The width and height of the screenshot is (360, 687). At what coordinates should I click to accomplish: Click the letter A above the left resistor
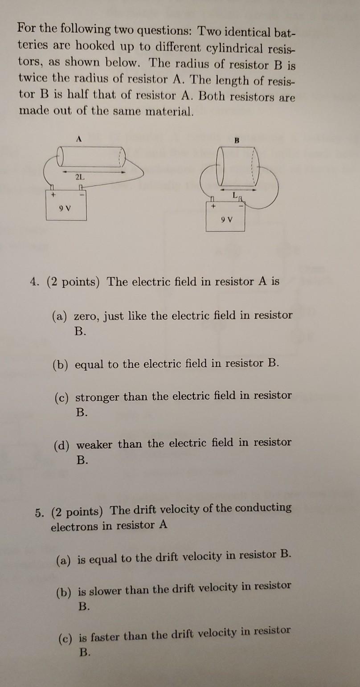pyautogui.click(x=79, y=139)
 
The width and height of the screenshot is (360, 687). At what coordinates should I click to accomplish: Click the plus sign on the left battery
pyautogui.click(x=52, y=195)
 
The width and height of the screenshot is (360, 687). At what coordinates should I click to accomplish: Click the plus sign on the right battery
pyautogui.click(x=213, y=206)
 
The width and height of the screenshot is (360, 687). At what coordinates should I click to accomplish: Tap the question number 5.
pyautogui.click(x=39, y=511)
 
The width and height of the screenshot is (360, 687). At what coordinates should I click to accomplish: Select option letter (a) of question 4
pyautogui.click(x=59, y=316)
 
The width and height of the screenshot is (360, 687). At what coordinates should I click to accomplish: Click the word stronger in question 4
pyautogui.click(x=98, y=396)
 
